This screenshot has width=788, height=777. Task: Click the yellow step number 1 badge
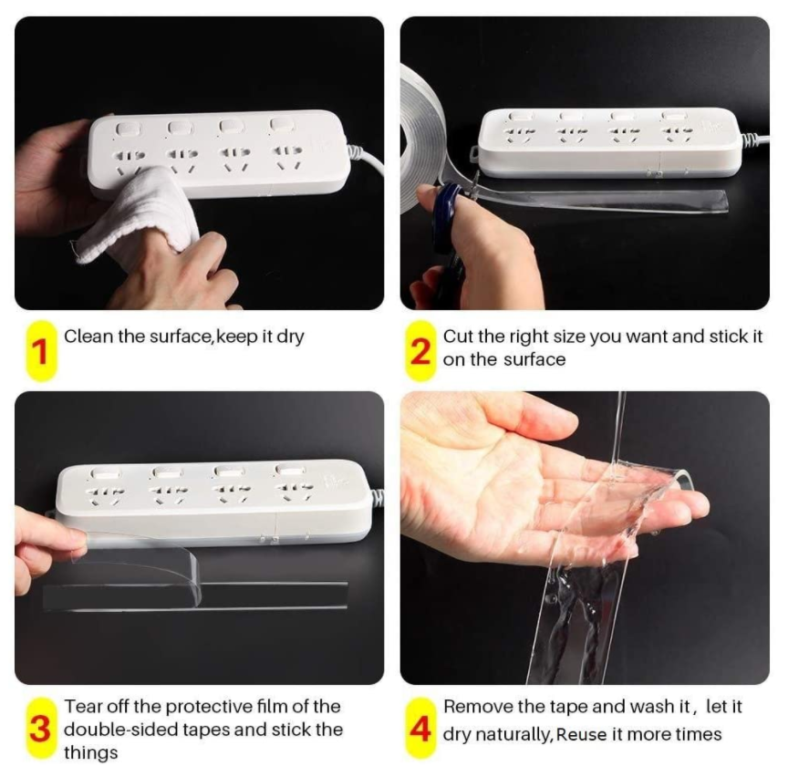[x=38, y=350]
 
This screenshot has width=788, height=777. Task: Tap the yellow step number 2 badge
[x=420, y=350]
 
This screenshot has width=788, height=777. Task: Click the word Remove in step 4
[x=474, y=707]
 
